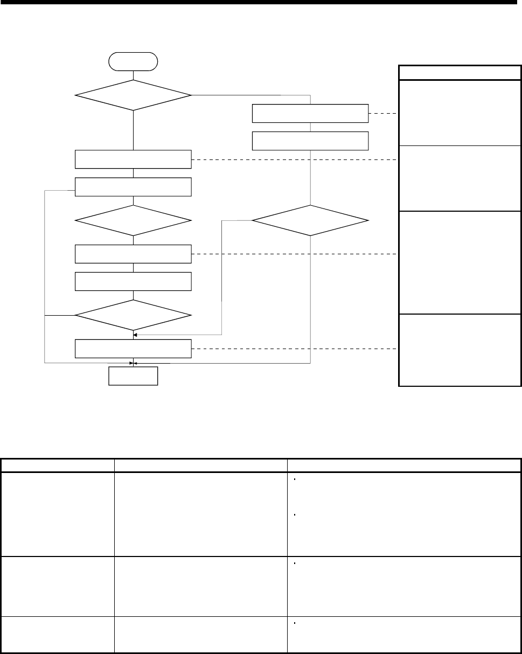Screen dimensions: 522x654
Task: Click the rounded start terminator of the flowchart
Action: point(133,61)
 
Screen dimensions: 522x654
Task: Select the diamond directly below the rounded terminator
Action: point(133,95)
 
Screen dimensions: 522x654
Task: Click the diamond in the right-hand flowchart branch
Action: point(310,220)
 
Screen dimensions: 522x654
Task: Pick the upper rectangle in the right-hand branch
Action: point(310,114)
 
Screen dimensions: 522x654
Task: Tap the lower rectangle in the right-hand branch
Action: point(310,141)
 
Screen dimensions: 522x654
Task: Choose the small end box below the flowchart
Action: point(133,376)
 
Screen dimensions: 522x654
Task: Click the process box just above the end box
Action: point(133,349)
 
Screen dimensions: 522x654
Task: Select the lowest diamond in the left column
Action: point(133,315)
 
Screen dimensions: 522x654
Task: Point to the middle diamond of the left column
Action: point(133,220)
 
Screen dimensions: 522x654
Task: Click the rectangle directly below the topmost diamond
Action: point(133,159)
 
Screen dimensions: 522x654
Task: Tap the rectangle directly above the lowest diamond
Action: point(133,281)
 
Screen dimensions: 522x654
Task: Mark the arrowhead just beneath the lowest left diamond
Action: point(134,335)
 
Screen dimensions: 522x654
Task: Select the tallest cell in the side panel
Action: point(460,262)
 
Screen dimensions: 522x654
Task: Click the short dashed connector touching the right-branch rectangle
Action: point(384,114)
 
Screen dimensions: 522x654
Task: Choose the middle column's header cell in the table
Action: point(200,465)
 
